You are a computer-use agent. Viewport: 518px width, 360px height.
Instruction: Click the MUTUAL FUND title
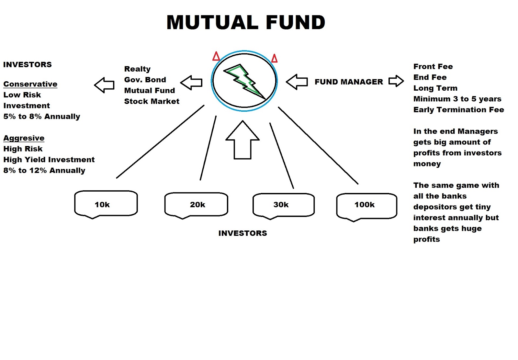click(246, 23)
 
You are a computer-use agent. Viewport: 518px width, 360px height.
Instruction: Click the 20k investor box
click(196, 205)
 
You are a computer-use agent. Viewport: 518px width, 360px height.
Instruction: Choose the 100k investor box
click(366, 205)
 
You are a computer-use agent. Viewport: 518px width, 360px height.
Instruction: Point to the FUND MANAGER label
click(349, 82)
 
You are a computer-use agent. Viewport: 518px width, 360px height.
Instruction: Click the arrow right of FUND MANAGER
click(396, 81)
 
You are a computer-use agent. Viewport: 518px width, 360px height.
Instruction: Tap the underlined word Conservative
click(30, 84)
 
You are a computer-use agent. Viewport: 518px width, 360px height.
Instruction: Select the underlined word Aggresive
click(24, 138)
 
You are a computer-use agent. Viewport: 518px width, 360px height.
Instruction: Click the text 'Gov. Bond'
click(145, 80)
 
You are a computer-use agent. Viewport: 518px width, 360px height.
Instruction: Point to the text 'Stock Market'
click(152, 101)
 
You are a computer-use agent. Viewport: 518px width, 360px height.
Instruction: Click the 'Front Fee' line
click(433, 67)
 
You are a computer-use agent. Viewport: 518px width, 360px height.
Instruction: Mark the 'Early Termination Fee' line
click(458, 110)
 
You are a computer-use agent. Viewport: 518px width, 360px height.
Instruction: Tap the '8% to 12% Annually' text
click(44, 171)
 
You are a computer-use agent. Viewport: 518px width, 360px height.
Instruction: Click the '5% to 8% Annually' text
click(42, 117)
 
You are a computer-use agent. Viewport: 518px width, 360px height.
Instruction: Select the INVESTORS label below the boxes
click(242, 233)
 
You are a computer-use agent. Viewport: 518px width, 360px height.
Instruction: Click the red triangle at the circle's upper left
click(216, 56)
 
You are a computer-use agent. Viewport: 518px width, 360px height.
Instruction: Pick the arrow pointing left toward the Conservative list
click(104, 85)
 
